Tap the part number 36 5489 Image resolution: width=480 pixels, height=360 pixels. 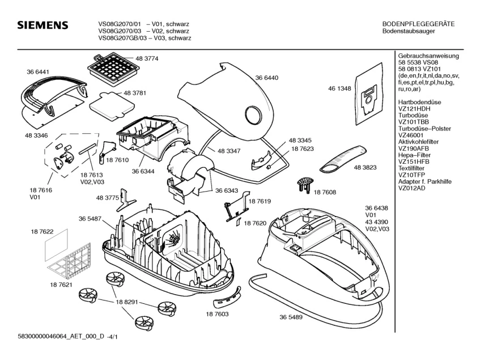coord(291,317)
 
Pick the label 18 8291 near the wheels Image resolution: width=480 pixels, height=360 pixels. coord(128,303)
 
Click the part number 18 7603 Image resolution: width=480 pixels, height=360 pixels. coord(217,314)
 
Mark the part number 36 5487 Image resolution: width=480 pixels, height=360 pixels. coord(90,219)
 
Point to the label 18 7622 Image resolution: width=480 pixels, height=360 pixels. coord(41,232)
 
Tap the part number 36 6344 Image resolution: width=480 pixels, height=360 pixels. coord(143,171)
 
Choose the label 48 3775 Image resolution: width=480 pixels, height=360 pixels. coord(108,197)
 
